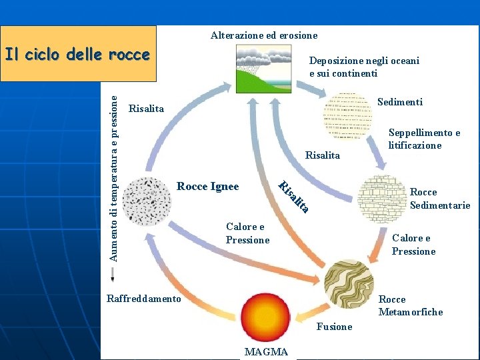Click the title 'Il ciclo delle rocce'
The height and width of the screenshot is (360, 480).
[x=77, y=55]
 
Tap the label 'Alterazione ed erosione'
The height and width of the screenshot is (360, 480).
[x=264, y=35]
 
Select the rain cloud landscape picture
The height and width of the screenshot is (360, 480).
[x=263, y=69]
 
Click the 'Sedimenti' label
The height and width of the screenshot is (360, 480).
[x=400, y=102]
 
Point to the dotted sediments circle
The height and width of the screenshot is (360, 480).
[x=346, y=115]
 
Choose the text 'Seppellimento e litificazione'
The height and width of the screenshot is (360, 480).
[x=424, y=139]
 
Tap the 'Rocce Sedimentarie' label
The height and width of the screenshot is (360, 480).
[x=440, y=199]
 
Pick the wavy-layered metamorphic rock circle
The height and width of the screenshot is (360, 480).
[x=349, y=283]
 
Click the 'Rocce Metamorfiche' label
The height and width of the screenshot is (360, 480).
[x=411, y=306]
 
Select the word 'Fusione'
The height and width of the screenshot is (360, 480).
[x=334, y=327]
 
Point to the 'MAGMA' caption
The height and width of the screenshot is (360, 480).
[x=266, y=352]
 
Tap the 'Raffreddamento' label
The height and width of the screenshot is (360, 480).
[x=143, y=299]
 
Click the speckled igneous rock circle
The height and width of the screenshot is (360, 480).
[x=147, y=201]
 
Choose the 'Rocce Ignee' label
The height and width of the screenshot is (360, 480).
[x=208, y=187]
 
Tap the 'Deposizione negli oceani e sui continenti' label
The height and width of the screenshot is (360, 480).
[x=364, y=67]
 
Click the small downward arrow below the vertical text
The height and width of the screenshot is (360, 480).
[x=113, y=274]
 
